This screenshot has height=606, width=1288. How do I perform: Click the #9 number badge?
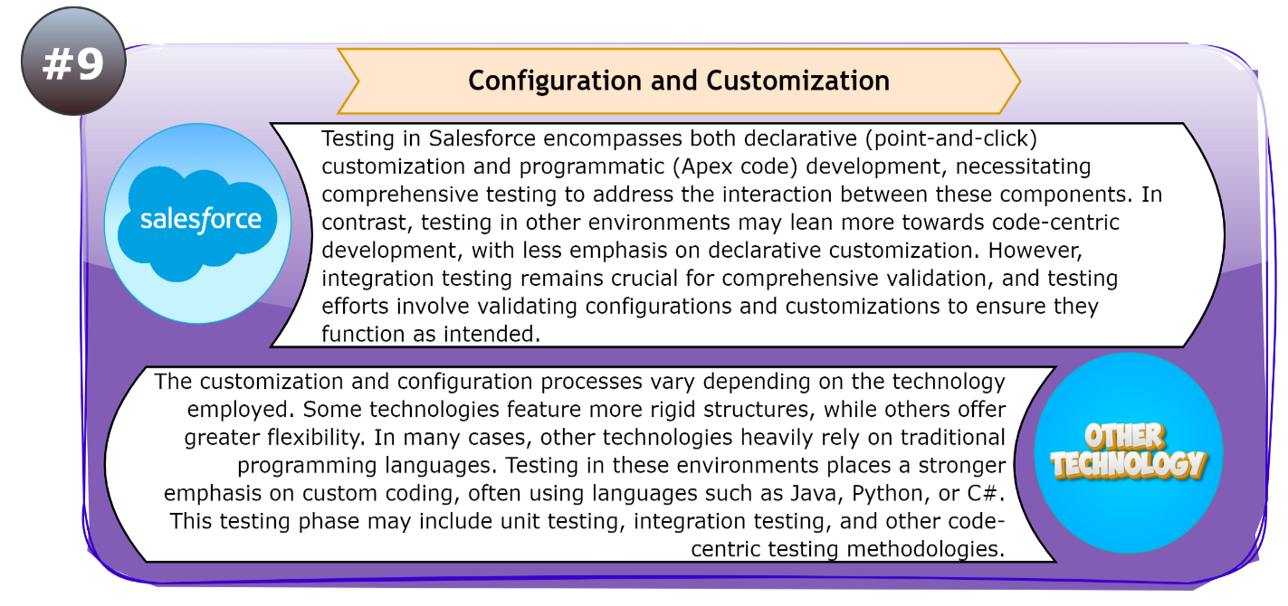(72, 62)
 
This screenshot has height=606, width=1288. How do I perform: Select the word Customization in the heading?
(797, 80)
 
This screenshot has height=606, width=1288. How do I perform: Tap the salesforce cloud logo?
(200, 220)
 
